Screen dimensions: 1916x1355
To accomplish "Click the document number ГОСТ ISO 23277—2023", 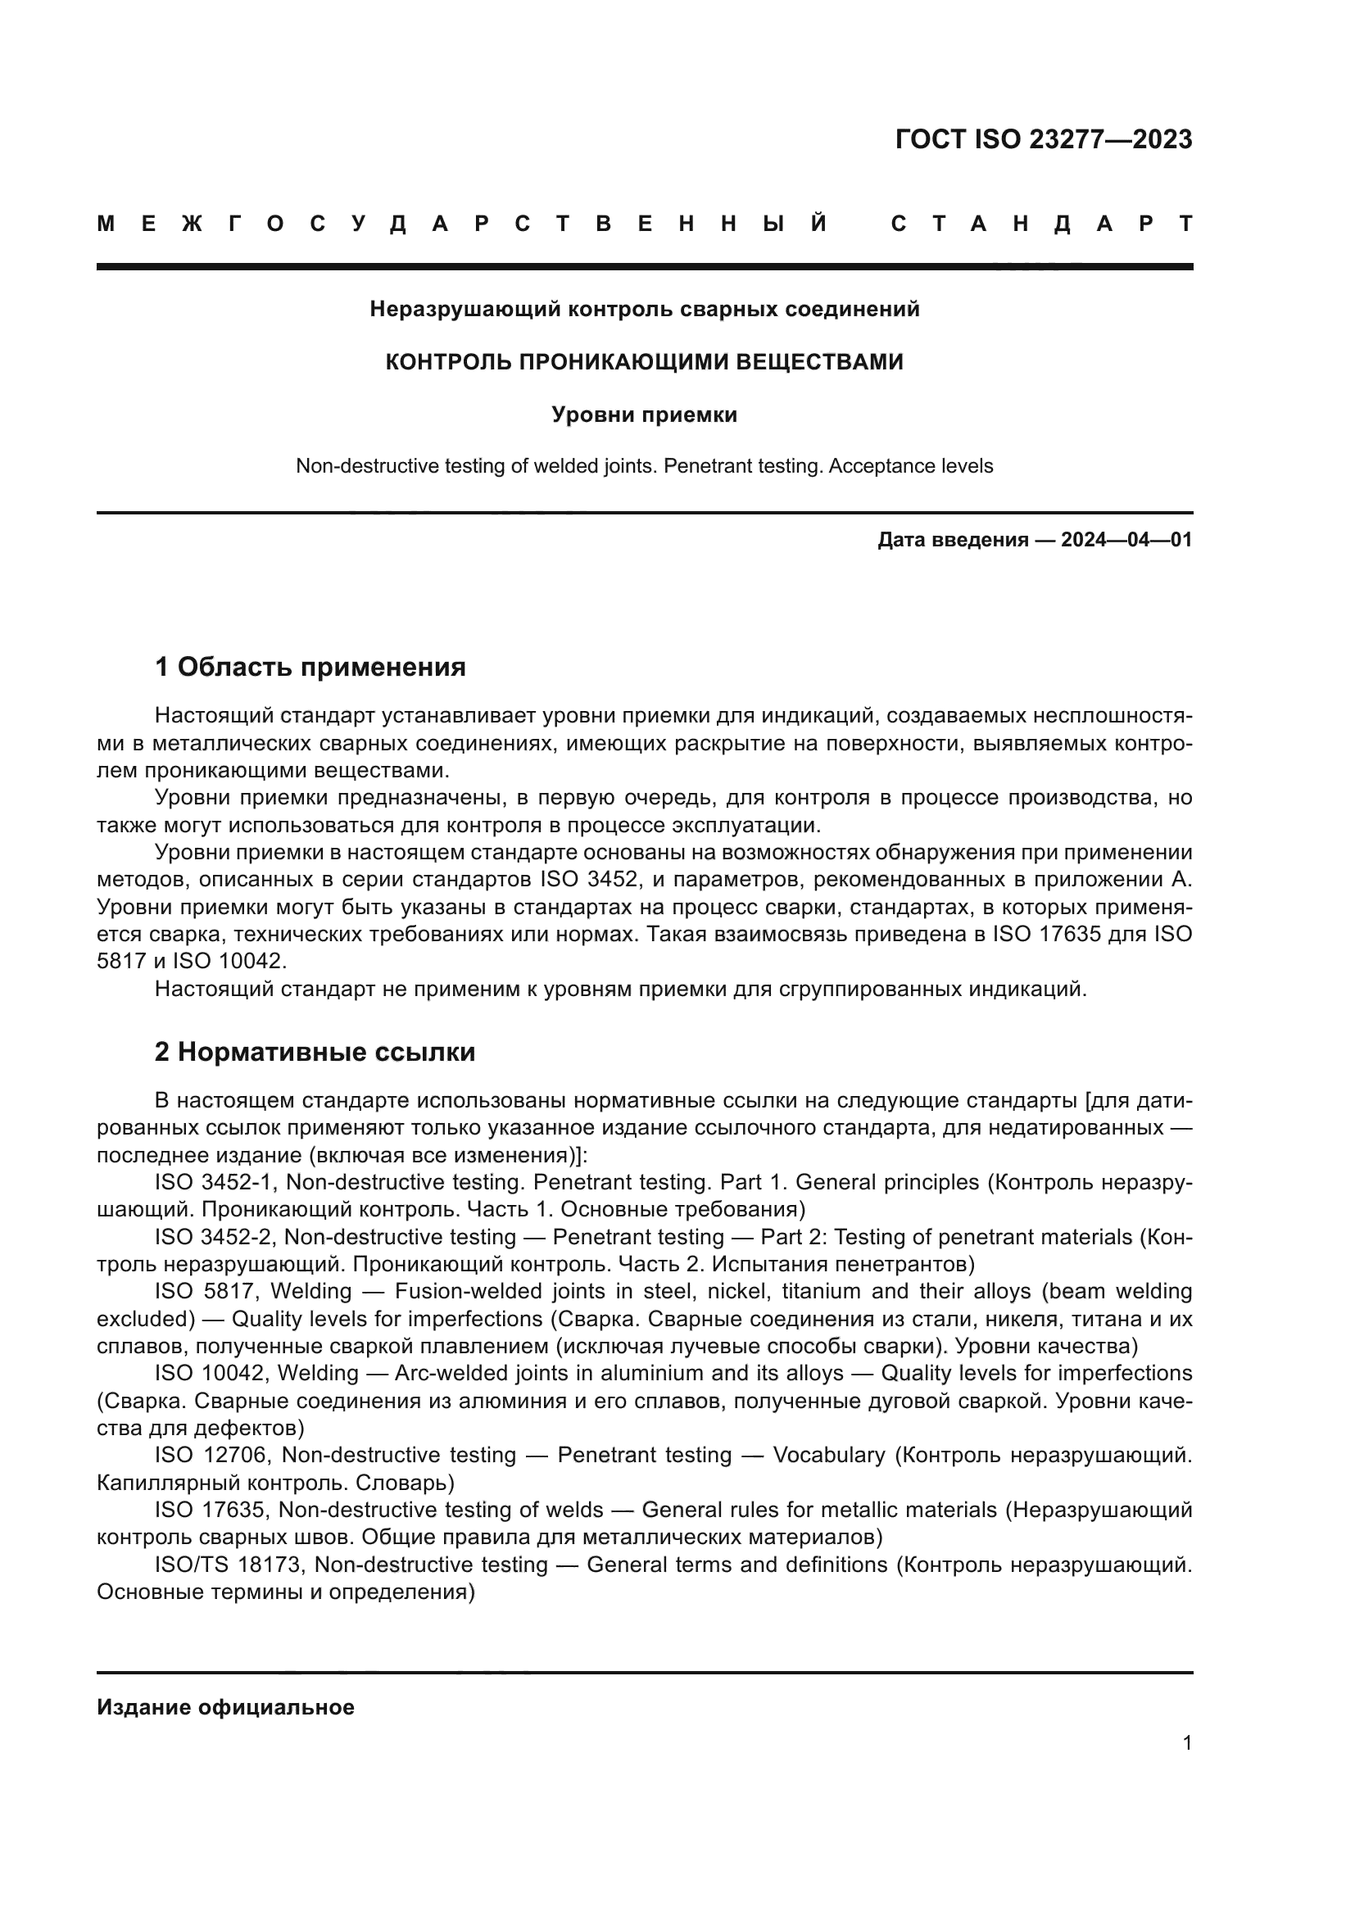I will click(x=1043, y=139).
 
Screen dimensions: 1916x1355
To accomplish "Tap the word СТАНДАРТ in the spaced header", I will click(x=1042, y=224).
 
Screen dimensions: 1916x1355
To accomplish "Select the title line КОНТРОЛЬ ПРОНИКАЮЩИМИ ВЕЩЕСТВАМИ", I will click(x=644, y=362).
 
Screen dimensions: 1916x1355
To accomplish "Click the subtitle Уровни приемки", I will click(x=644, y=414).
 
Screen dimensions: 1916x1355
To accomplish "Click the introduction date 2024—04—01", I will click(x=1126, y=540).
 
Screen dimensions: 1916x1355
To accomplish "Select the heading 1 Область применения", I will click(x=310, y=668).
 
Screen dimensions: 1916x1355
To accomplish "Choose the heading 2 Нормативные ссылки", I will click(x=315, y=1053).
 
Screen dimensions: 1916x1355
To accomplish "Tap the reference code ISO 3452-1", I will click(x=213, y=1183).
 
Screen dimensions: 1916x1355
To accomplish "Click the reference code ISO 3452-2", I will click(x=213, y=1237).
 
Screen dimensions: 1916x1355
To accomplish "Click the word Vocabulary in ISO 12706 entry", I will click(x=828, y=1456).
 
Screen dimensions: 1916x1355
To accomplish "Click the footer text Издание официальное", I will click(x=225, y=1707).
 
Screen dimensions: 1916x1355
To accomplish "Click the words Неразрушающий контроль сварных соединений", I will click(x=644, y=310).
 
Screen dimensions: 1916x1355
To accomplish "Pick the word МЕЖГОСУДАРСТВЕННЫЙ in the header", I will click(x=463, y=224).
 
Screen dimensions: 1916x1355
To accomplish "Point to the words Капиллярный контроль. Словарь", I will click(x=275, y=1483).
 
